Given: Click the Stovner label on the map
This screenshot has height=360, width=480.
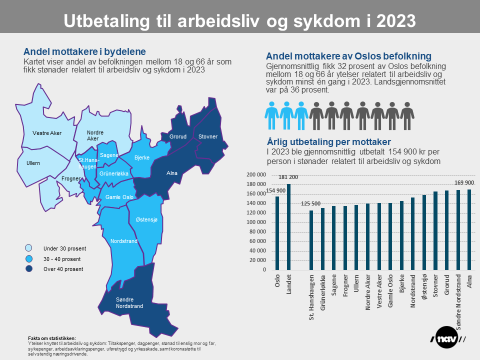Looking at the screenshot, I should (207, 136).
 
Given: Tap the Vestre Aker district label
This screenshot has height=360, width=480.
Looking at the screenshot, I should (47, 133).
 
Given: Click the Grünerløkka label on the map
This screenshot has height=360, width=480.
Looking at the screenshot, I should (114, 173).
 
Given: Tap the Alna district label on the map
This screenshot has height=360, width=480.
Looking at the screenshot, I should (171, 173).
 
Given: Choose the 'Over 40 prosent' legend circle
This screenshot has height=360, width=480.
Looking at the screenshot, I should (29, 269).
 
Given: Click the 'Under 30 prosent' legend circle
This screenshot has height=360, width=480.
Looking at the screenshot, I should (29, 248).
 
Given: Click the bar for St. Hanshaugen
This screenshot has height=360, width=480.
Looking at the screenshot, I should (311, 240).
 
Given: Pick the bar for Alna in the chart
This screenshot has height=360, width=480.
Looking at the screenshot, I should (469, 229).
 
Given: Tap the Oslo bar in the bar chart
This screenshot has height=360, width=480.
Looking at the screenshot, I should (277, 233).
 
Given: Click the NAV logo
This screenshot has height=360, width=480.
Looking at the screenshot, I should (448, 339).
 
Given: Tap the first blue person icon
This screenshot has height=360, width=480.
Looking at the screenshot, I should (271, 115).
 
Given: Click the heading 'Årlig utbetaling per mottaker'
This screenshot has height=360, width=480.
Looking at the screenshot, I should (328, 141).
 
